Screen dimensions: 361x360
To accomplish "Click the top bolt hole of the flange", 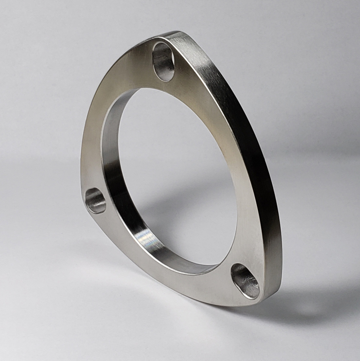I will click(x=163, y=62).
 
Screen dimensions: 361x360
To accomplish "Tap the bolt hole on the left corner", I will click(x=95, y=201).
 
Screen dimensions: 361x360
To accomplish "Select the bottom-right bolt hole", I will click(x=245, y=281).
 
